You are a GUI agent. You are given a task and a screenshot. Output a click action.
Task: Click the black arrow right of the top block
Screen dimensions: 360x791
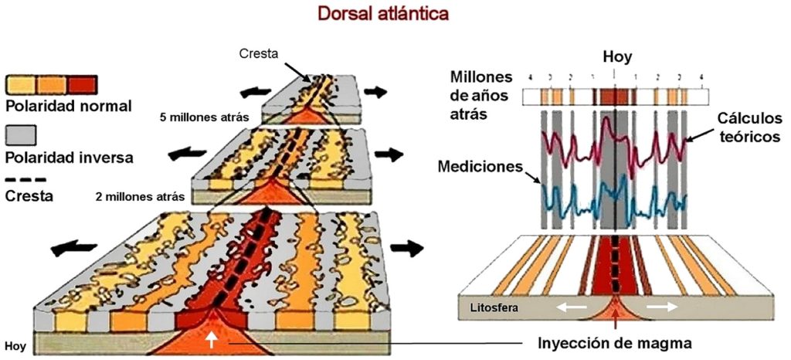pyautogui.click(x=375, y=90)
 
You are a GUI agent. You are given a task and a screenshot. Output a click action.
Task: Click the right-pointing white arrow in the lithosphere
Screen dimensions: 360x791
pyautogui.click(x=663, y=307)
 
